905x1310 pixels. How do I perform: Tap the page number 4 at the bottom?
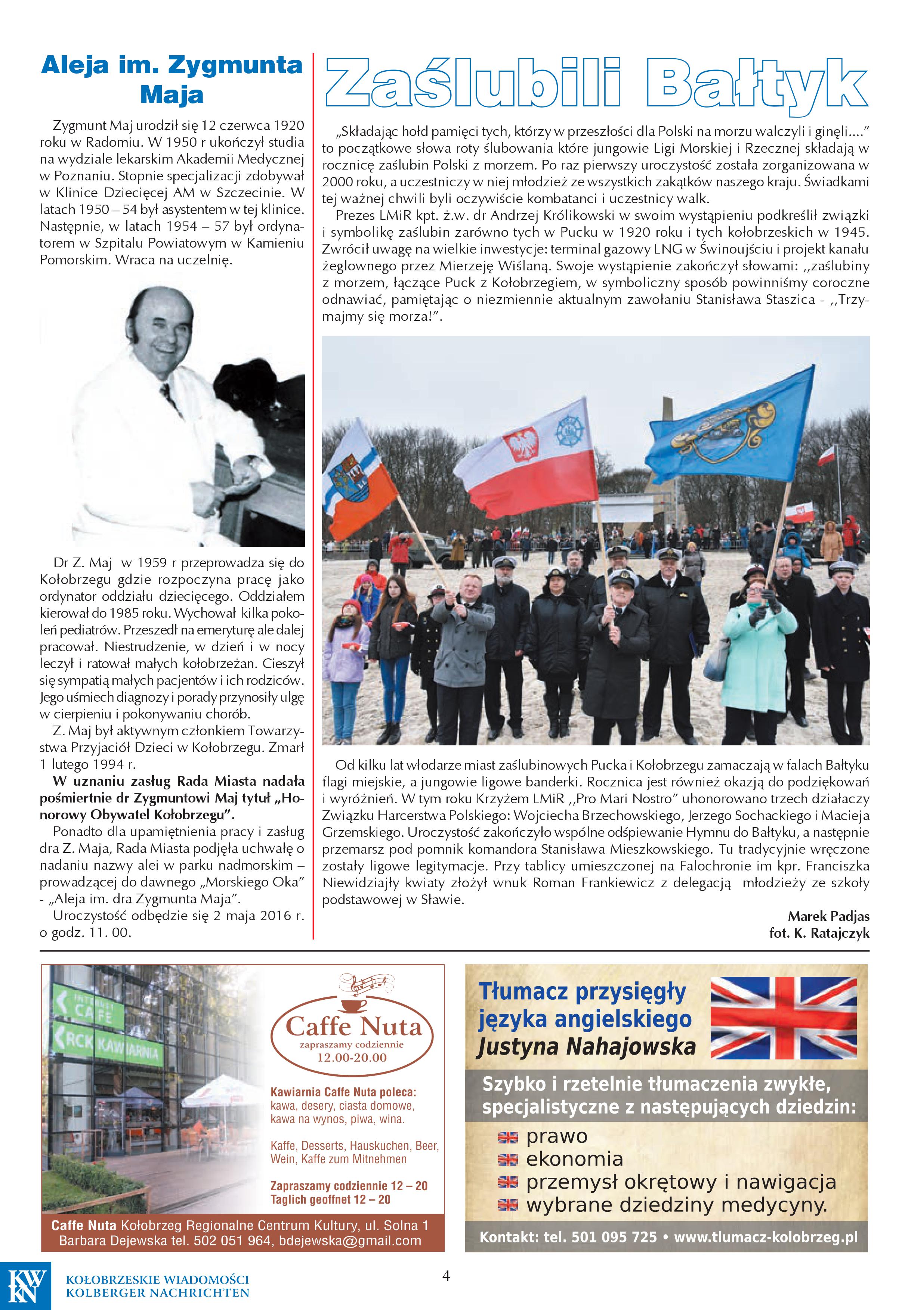(x=446, y=1275)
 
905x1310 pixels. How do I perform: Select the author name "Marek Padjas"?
(x=828, y=916)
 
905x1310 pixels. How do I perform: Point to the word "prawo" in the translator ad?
(x=557, y=1137)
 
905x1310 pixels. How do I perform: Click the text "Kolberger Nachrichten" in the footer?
(x=158, y=1293)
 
